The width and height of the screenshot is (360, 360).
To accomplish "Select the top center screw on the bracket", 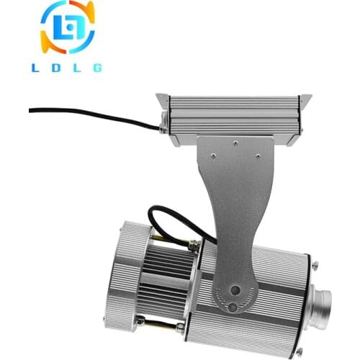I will click(235, 143).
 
